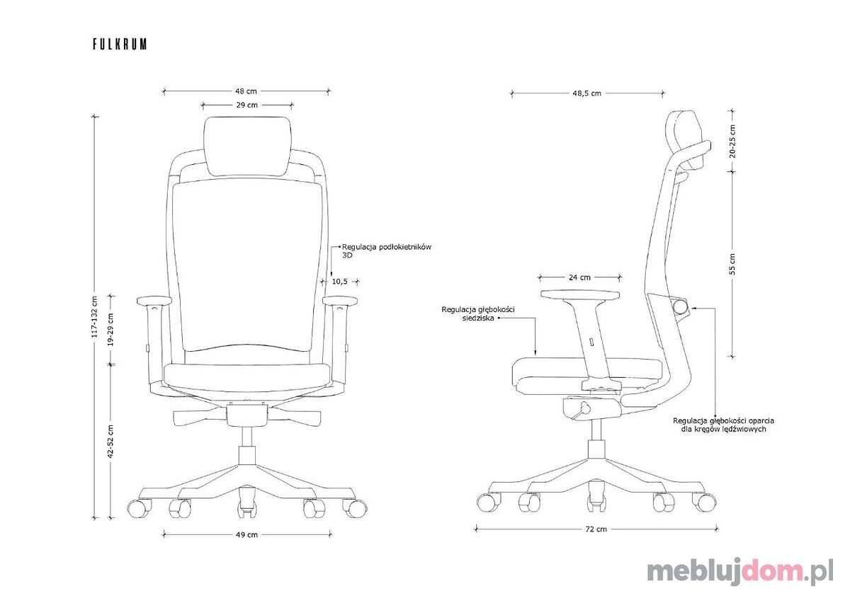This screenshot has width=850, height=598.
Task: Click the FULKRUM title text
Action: [x=120, y=44]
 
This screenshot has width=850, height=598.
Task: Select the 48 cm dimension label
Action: [x=246, y=91]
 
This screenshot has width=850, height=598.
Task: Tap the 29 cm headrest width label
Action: [x=247, y=105]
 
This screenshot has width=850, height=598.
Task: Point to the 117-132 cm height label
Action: [x=94, y=317]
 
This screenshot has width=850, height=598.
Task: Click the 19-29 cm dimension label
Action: [x=110, y=329]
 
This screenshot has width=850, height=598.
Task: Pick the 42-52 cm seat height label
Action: [x=110, y=441]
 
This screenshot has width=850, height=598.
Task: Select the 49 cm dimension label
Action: [x=246, y=535]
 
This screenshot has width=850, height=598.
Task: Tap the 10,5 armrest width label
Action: [x=339, y=282]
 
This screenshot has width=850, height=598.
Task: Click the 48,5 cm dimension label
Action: [x=587, y=93]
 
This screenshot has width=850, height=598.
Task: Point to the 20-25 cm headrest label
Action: [x=732, y=141]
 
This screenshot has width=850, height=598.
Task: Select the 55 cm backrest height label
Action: [x=732, y=264]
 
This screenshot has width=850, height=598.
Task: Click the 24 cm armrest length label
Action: [x=579, y=277]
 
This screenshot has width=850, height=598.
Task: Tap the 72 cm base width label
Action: [x=596, y=529]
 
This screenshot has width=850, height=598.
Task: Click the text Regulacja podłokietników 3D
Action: [x=387, y=251]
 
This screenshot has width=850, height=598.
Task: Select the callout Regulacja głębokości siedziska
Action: [x=478, y=314]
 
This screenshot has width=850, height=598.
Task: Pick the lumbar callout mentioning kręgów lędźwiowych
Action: [x=723, y=425]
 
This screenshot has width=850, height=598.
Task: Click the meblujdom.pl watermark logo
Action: [x=740, y=573]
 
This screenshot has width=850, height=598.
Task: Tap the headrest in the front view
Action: [x=247, y=146]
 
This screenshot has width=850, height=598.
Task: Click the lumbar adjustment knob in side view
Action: [x=681, y=306]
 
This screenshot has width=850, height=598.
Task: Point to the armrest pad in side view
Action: [x=580, y=294]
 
